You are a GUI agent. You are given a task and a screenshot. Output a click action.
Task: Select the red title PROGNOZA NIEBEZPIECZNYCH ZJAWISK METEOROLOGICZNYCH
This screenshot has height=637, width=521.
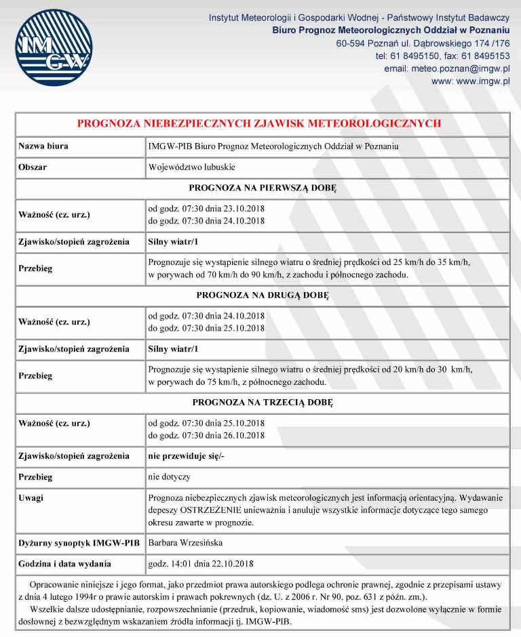click(259, 124)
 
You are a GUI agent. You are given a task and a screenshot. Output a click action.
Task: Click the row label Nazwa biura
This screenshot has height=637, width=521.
click(43, 146)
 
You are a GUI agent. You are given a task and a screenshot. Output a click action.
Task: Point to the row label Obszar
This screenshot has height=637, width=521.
click(33, 167)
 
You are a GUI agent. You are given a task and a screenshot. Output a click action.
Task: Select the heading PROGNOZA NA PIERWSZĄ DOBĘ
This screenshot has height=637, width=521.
click(262, 188)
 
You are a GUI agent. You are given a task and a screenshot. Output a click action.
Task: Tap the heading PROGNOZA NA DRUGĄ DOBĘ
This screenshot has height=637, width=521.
click(262, 295)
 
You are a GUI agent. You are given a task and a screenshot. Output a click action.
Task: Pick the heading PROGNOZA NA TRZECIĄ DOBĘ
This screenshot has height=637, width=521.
click(262, 403)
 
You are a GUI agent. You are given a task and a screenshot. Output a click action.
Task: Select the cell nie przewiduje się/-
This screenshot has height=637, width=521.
click(186, 456)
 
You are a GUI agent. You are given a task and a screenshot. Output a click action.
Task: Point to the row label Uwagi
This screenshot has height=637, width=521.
click(31, 498)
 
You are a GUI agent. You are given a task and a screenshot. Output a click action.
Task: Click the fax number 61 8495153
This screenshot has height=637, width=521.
click(486, 56)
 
